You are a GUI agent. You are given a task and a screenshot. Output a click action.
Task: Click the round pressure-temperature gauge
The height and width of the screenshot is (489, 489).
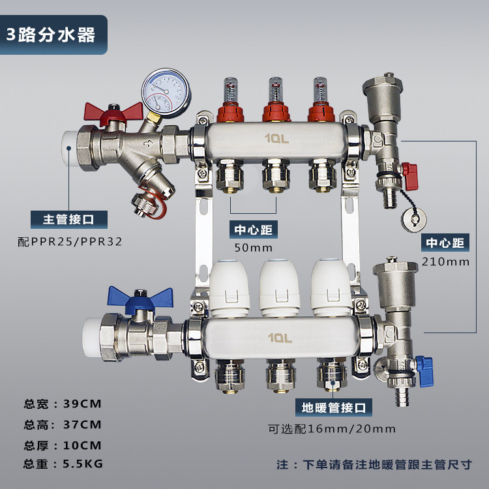(x=166, y=93)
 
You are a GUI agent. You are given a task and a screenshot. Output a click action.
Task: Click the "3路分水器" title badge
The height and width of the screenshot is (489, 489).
(x=53, y=35)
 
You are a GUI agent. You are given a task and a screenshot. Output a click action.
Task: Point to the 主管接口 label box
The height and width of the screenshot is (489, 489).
(x=69, y=219)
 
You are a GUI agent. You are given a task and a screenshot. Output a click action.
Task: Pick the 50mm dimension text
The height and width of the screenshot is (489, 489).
(x=253, y=248)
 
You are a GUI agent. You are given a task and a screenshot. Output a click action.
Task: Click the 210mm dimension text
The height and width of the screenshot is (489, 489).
(x=446, y=261)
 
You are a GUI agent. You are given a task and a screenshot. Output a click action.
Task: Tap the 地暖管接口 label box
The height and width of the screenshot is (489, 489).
(x=334, y=407)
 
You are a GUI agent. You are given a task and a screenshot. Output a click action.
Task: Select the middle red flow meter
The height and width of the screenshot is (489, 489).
(x=276, y=100)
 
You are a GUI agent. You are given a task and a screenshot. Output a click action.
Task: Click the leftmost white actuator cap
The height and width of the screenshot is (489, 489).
(x=230, y=288)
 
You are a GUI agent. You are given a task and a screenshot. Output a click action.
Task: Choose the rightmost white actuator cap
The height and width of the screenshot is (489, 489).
(x=331, y=288)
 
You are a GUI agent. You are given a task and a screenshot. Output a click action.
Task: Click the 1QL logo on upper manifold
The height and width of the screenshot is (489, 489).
(x=276, y=138)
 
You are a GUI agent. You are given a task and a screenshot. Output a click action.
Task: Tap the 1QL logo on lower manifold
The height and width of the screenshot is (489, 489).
(x=280, y=338)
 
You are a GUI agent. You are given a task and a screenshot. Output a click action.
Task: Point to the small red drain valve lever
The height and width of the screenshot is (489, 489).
(x=410, y=176)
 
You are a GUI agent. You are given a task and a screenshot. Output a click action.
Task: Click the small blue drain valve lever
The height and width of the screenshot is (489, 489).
(x=424, y=372)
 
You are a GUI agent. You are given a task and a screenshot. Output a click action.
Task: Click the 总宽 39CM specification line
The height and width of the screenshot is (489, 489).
(x=63, y=404)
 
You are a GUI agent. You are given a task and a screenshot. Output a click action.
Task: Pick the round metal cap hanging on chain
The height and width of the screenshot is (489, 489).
(x=413, y=220)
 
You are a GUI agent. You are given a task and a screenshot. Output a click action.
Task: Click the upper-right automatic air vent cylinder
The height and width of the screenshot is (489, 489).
(x=383, y=98)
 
